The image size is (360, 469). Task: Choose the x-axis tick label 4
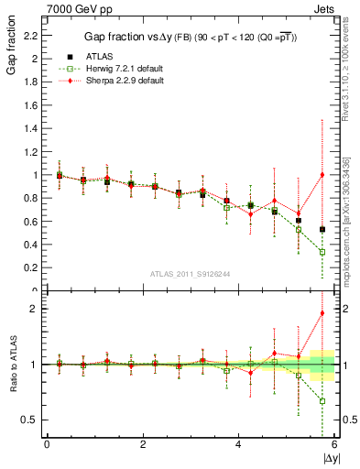(x=238, y=444)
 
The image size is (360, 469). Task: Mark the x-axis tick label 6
(x=334, y=444)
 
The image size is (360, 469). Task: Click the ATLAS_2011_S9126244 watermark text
(x=190, y=273)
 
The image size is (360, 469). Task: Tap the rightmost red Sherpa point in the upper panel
(x=322, y=175)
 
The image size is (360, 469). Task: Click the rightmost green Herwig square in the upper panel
(x=322, y=252)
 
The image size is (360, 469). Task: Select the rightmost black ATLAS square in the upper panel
(x=322, y=229)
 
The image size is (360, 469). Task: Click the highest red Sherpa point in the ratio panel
(x=322, y=313)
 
